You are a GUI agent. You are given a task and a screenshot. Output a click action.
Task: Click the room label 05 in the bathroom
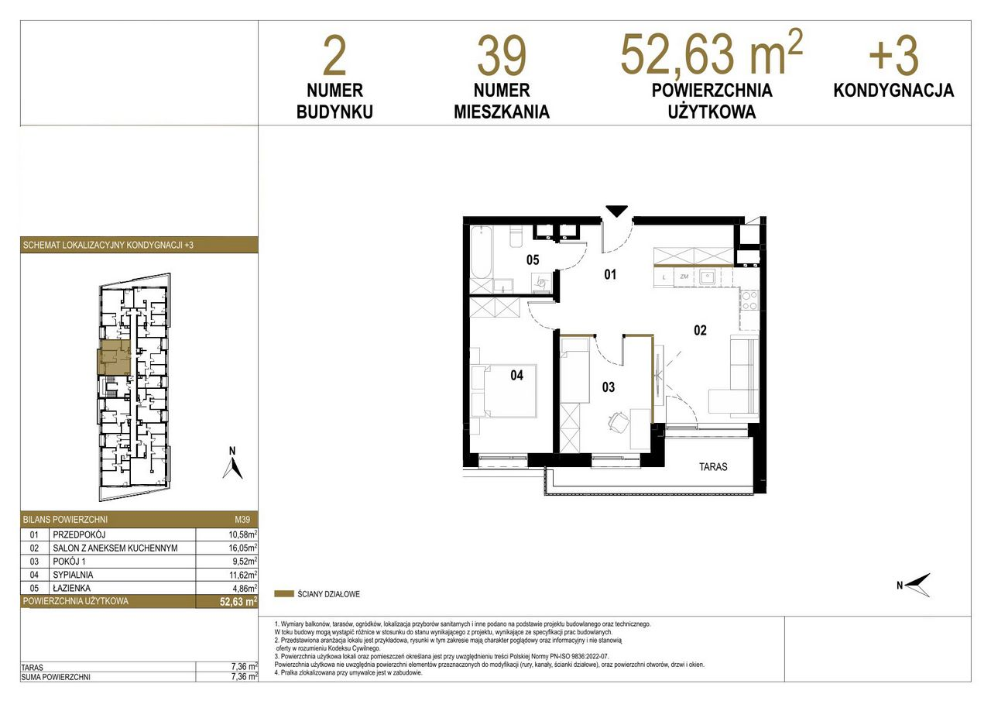[533, 259]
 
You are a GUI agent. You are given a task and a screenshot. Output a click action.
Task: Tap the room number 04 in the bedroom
[516, 375]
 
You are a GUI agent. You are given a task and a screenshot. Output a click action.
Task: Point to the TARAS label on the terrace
[713, 466]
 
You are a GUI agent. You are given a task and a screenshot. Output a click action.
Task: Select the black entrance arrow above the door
[617, 211]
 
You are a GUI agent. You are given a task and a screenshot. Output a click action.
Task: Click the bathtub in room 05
[481, 253]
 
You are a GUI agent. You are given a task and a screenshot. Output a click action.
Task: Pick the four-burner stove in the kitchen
[749, 300]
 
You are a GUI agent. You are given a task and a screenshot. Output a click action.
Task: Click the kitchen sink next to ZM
[708, 277]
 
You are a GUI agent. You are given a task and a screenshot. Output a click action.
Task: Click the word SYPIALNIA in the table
[73, 575]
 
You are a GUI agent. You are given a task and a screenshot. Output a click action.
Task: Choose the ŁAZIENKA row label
[72, 588]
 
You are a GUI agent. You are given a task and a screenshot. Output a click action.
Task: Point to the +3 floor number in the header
[893, 56]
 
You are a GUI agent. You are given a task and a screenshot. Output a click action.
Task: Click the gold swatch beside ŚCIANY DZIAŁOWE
[284, 594]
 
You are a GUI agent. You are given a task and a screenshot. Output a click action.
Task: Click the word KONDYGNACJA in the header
[893, 91]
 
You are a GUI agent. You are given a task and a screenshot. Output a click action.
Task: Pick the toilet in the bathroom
[516, 237]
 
